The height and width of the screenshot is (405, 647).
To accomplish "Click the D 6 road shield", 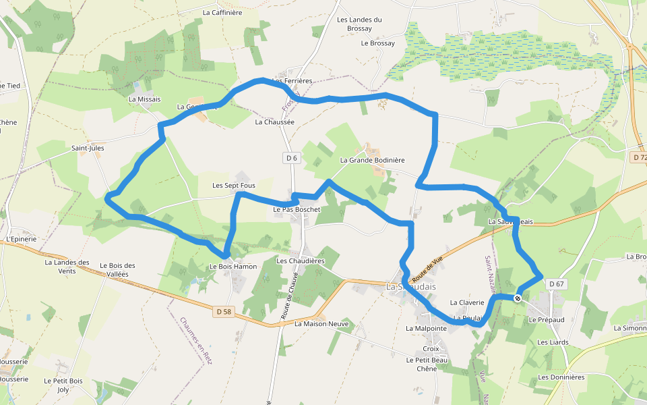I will tap(291, 158).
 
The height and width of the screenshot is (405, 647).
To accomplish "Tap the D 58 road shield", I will tap(223, 312).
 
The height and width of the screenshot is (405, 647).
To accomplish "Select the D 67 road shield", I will tap(556, 284).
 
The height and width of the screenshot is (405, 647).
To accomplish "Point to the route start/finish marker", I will tap(518, 298).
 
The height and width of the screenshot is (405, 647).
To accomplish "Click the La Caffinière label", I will tap(222, 12).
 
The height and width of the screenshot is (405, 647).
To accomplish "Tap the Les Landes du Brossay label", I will tap(359, 24).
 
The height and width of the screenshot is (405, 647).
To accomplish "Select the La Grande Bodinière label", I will tap(372, 160).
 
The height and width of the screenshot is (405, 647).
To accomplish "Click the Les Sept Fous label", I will tap(234, 185).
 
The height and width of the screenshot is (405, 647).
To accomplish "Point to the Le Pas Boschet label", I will tap(297, 210).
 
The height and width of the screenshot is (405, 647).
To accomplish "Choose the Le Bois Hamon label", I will tap(233, 267).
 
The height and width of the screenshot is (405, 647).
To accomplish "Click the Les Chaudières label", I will tap(301, 261).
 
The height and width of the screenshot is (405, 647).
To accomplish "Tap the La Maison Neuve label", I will tap(321, 324).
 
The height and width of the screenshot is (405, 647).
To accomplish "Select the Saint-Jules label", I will tap(88, 147).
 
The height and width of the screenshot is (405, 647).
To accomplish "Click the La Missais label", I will tap(145, 99).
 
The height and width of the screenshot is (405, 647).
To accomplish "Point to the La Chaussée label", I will tap(275, 123).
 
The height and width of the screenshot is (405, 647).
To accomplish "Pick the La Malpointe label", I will tap(426, 328).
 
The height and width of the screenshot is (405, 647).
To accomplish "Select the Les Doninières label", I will tap(561, 377).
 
